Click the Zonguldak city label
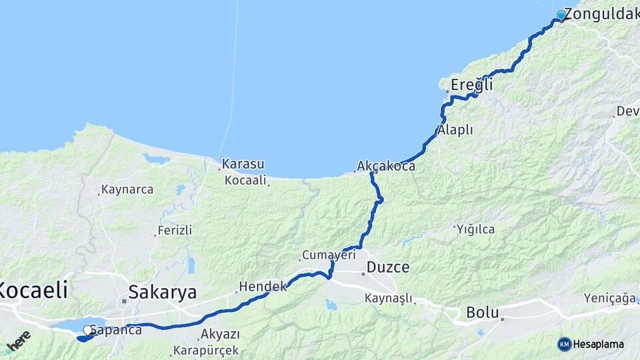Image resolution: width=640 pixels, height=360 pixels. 601,15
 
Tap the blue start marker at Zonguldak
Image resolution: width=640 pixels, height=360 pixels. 561,15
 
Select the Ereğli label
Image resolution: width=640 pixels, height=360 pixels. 472,85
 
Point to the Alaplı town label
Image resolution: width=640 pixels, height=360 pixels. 455,130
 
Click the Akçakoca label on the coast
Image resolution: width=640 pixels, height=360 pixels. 386,166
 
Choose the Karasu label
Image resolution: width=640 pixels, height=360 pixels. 243,164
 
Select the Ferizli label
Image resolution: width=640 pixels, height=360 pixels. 175,231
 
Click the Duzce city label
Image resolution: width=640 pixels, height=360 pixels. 387,268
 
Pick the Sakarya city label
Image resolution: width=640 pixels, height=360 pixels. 162,292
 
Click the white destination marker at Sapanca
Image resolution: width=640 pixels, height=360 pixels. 87,329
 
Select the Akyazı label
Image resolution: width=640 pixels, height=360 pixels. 220,334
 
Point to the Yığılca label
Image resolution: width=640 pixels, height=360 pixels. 475,229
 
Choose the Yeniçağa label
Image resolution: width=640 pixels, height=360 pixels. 609,298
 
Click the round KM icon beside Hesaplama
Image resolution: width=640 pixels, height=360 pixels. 565,344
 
